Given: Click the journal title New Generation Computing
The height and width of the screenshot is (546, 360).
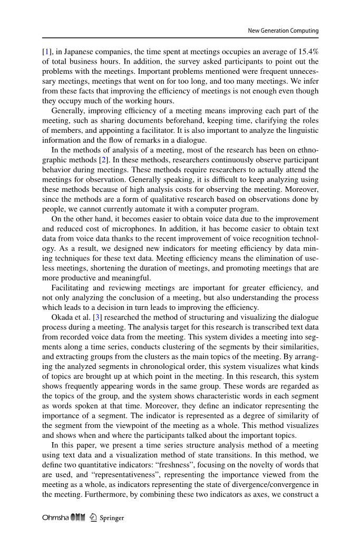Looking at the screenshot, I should pyautogui.click(x=283, y=31).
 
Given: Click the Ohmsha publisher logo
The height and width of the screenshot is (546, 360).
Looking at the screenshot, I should pyautogui.click(x=62, y=518).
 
